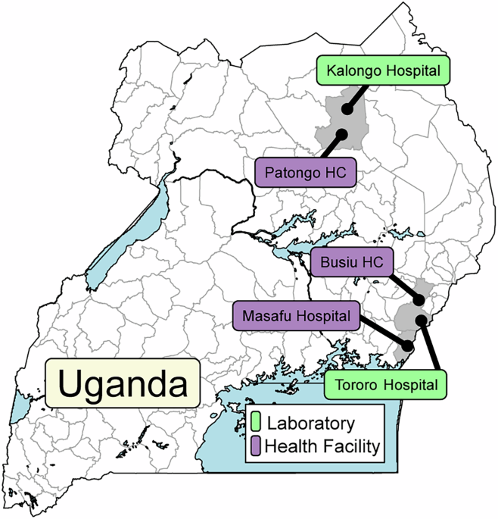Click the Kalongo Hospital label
point(383,72)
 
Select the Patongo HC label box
point(305,172)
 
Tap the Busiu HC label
point(352,262)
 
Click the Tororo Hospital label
point(385,384)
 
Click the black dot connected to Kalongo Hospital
point(347,109)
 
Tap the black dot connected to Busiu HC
point(419,301)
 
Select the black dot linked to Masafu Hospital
point(408,345)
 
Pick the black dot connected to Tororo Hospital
point(421,322)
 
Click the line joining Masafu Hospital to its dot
point(382,330)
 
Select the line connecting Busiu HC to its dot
point(405,289)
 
